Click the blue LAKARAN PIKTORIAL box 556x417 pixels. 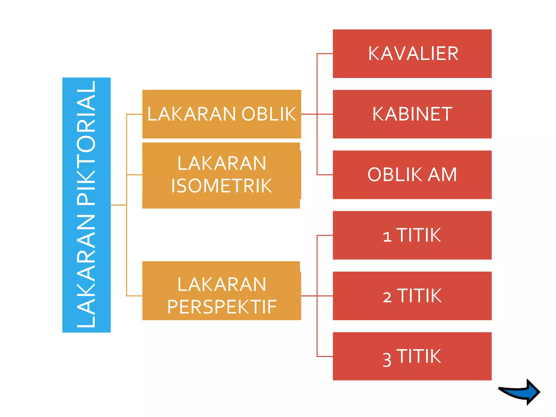coord(86,205)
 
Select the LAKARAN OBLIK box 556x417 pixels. coord(222,114)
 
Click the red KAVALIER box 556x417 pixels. coord(412,53)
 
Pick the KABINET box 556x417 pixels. coord(412,114)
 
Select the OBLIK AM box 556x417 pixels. coord(412,175)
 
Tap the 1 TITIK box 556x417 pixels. coord(412,235)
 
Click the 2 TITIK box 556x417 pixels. coord(412,296)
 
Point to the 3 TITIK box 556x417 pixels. coord(412,356)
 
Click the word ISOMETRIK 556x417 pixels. coord(221,186)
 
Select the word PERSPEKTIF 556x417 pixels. coord(222,307)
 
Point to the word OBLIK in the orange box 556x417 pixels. coord(268,114)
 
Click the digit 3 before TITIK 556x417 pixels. coord(387,360)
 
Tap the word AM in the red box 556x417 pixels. coord(443,175)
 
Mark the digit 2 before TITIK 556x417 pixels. coord(387,297)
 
